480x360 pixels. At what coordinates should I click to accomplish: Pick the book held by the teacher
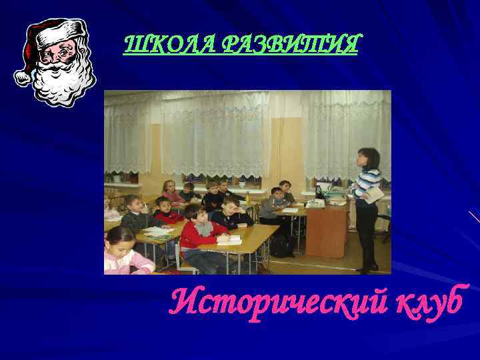click(x=374, y=194)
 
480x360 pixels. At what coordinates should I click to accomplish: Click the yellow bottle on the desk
click(x=248, y=197)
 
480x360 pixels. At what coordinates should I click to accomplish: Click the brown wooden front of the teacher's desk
click(x=327, y=230)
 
